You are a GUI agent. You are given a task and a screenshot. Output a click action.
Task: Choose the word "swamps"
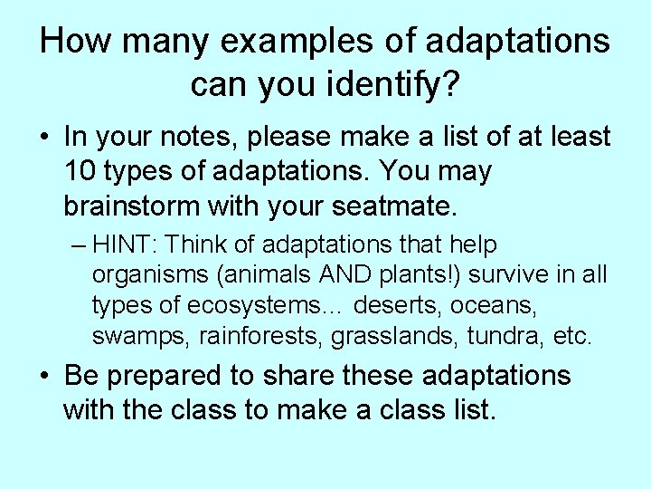click(137, 338)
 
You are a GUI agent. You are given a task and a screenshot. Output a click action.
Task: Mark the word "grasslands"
click(396, 338)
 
